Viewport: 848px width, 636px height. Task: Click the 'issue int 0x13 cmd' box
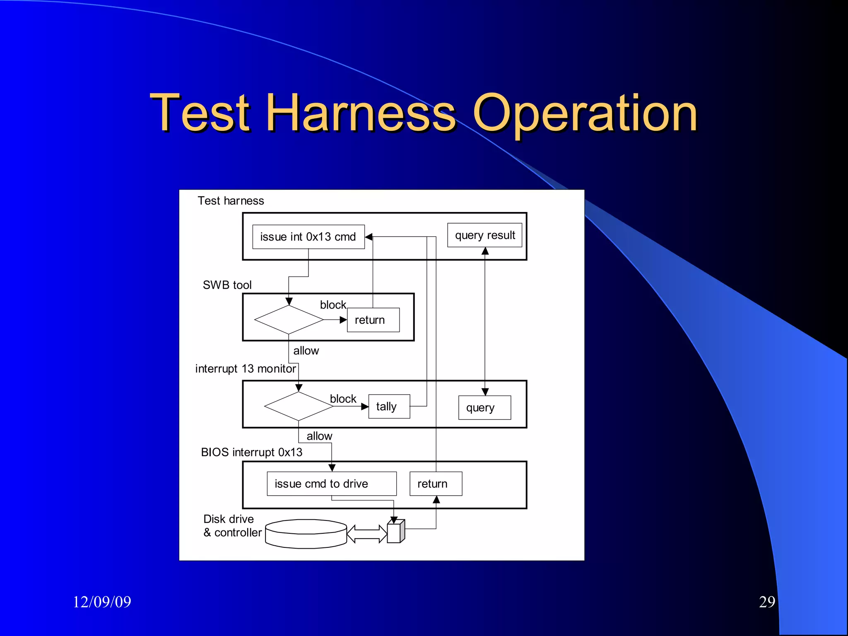[x=308, y=237]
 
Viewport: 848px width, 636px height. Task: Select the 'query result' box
[x=484, y=235]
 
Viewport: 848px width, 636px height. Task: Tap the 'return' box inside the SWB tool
[x=373, y=320]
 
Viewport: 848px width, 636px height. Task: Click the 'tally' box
[x=389, y=407]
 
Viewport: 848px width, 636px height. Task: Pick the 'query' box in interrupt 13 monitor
[x=484, y=408]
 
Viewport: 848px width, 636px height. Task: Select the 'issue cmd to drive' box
[x=331, y=484]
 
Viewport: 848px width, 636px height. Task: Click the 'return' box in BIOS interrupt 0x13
[x=436, y=484]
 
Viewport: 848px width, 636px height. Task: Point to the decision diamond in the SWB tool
[x=289, y=320]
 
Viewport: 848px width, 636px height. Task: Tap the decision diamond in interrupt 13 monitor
[x=299, y=406]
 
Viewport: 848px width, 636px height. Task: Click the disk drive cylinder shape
[x=306, y=534]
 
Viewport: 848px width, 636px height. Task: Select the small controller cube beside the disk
[x=395, y=532]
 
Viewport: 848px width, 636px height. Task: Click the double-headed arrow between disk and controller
[x=367, y=534]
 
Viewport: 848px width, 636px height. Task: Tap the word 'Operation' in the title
[x=585, y=113]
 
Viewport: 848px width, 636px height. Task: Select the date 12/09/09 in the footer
[x=102, y=602]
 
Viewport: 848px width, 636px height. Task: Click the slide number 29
[x=767, y=602]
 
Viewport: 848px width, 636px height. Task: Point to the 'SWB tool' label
[x=227, y=285]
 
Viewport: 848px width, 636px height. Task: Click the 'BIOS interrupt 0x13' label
[x=251, y=452]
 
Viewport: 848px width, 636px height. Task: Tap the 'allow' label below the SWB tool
[x=306, y=351]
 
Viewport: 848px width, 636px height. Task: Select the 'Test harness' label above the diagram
[x=231, y=201]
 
